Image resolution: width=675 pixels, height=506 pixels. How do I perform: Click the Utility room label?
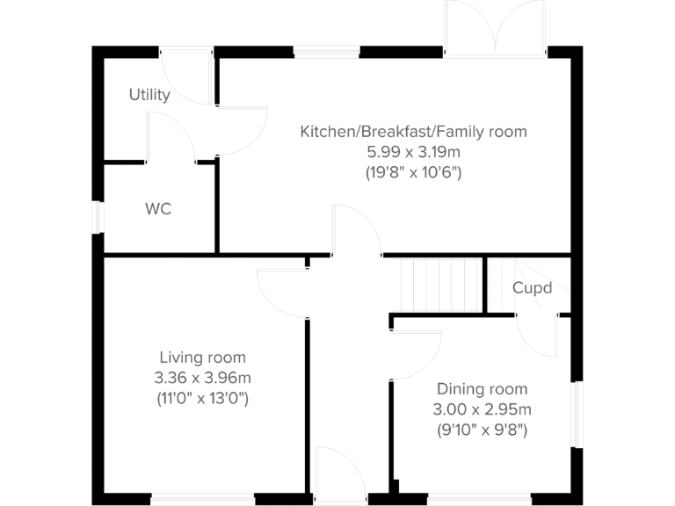[x=149, y=95]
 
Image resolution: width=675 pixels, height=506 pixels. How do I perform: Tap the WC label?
[x=158, y=209]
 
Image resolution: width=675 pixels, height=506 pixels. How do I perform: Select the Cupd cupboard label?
[x=533, y=287]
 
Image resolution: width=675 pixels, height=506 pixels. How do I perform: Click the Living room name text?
[x=202, y=358]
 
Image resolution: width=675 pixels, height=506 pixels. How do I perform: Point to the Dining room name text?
[x=482, y=388]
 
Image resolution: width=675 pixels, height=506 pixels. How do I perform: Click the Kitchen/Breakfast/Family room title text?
[x=413, y=132]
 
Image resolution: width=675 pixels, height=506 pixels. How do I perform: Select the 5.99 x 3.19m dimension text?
[x=413, y=152]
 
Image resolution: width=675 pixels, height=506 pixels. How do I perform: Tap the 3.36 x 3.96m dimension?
[x=202, y=378]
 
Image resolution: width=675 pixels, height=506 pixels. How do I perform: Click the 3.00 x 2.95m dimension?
[x=482, y=408]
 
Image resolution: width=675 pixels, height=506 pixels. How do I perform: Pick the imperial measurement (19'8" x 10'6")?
[x=413, y=172]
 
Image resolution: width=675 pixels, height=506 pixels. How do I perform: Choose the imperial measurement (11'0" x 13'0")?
[x=202, y=398]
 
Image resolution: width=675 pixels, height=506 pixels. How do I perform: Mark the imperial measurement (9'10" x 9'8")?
[x=482, y=430]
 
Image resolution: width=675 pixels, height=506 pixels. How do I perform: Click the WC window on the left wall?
[x=99, y=217]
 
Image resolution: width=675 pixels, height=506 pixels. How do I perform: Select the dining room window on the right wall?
[x=577, y=415]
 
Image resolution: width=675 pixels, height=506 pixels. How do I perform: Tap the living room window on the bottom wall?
[x=203, y=500]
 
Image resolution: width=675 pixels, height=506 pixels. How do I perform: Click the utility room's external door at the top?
[x=187, y=75]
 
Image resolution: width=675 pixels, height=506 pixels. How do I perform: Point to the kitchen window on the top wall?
[x=326, y=52]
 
